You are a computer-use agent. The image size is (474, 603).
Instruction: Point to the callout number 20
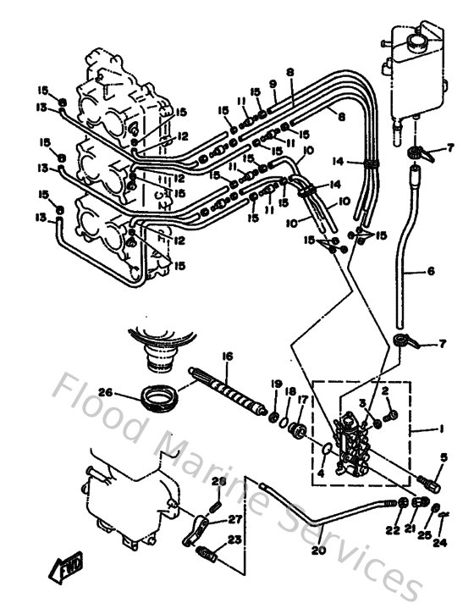[318, 550]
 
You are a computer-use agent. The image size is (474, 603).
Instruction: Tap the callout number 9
[273, 84]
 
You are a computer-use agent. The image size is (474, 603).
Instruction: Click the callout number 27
[234, 519]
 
